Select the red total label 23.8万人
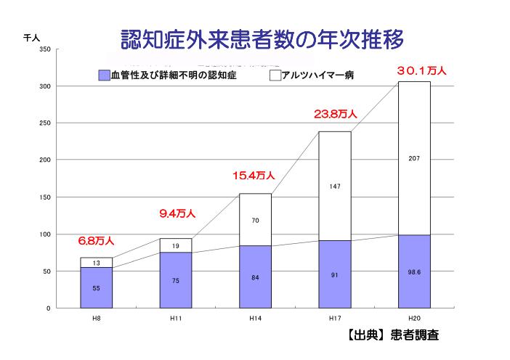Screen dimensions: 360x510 tap(335, 114)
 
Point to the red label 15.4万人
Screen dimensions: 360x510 tap(254, 175)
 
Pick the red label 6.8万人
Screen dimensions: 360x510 tap(96, 240)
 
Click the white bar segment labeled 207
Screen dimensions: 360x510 tap(414, 157)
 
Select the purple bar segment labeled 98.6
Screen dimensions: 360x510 tap(414, 271)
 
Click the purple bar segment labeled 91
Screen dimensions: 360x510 tap(335, 274)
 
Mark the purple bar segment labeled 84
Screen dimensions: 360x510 tap(255, 277)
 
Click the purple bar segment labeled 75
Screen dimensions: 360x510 tap(176, 280)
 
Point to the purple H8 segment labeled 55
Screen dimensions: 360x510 tap(96, 287)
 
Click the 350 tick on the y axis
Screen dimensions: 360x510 tap(45, 49)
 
